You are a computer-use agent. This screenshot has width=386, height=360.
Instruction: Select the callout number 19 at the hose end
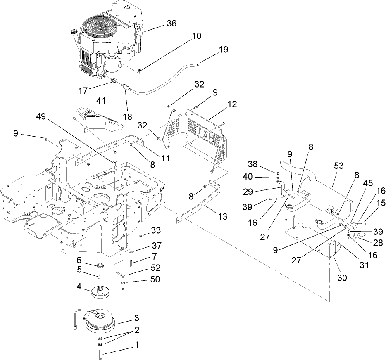tap(223, 50)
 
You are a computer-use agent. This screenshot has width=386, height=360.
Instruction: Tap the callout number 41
tap(101, 100)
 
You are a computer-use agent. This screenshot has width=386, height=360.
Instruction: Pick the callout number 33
tap(156, 230)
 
